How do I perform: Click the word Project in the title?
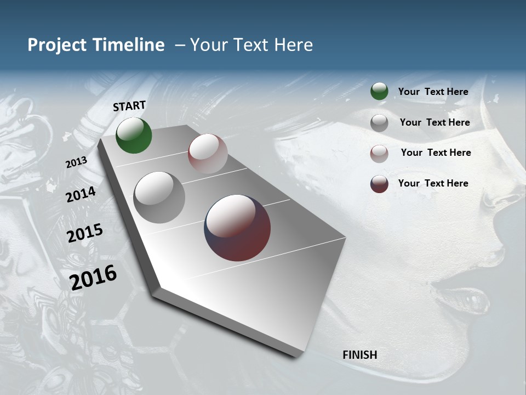[x=58, y=45]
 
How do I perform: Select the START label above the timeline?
[x=129, y=106]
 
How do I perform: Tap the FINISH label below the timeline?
[x=360, y=355]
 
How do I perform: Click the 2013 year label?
[x=77, y=162]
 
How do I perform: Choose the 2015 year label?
[x=85, y=233]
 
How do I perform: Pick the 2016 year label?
[x=93, y=278]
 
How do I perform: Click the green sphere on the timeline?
[x=134, y=136]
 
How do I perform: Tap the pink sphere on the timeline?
[x=208, y=154]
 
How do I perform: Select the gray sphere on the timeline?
[x=159, y=198]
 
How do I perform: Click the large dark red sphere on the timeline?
[x=237, y=228]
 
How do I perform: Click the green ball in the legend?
[x=379, y=92]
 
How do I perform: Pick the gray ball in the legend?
[x=379, y=123]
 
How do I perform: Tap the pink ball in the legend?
[x=379, y=153]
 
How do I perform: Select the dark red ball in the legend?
[x=379, y=184]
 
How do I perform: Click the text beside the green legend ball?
[x=433, y=92]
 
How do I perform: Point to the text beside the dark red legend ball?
[x=433, y=183]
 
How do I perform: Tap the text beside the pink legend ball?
[x=436, y=153]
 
